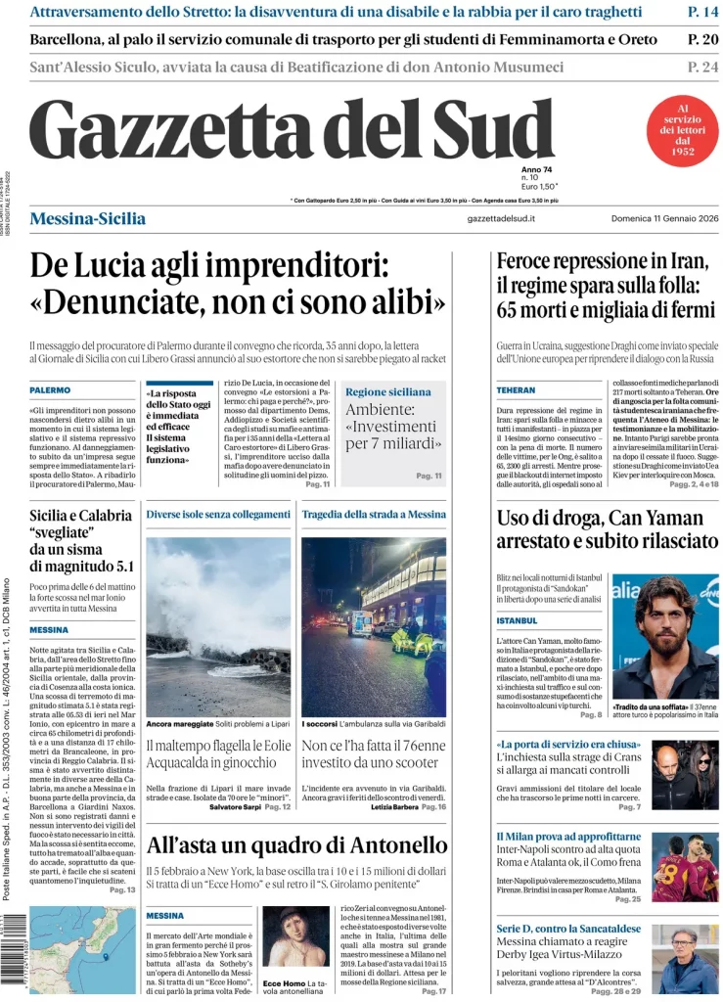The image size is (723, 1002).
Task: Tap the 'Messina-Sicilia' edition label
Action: [x=88, y=218]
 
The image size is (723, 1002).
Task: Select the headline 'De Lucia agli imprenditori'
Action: [x=238, y=283]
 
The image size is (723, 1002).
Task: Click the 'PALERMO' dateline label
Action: [x=50, y=390]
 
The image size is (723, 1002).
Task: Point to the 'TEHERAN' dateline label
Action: [x=516, y=390]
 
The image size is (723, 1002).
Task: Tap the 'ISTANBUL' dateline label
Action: [x=518, y=620]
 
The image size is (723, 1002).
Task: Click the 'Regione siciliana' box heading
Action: [x=387, y=391]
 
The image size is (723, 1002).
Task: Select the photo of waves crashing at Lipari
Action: [x=218, y=626]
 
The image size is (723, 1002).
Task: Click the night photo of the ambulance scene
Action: [x=373, y=626]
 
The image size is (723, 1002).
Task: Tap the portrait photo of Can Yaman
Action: [x=664, y=636]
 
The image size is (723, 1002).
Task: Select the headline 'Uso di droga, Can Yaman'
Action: [x=607, y=528]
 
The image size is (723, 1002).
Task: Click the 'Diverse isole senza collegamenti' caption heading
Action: [x=218, y=514]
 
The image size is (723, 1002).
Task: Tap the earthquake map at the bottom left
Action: [x=68, y=949]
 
